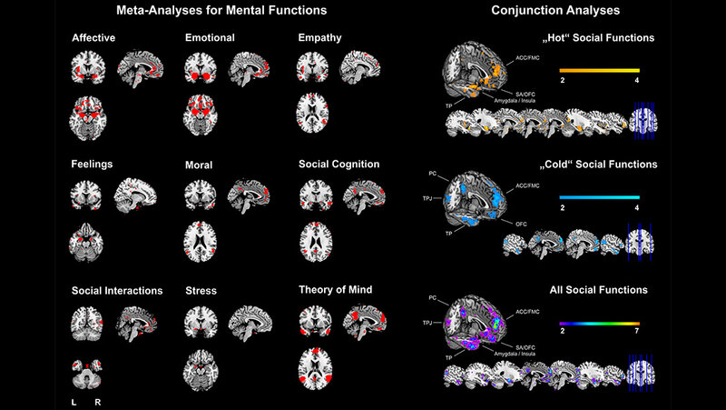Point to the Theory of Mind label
[335, 290]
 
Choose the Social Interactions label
[116, 291]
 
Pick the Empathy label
[319, 38]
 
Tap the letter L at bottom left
[74, 400]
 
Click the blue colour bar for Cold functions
[599, 197]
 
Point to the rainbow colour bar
[599, 323]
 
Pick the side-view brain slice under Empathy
[361, 70]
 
